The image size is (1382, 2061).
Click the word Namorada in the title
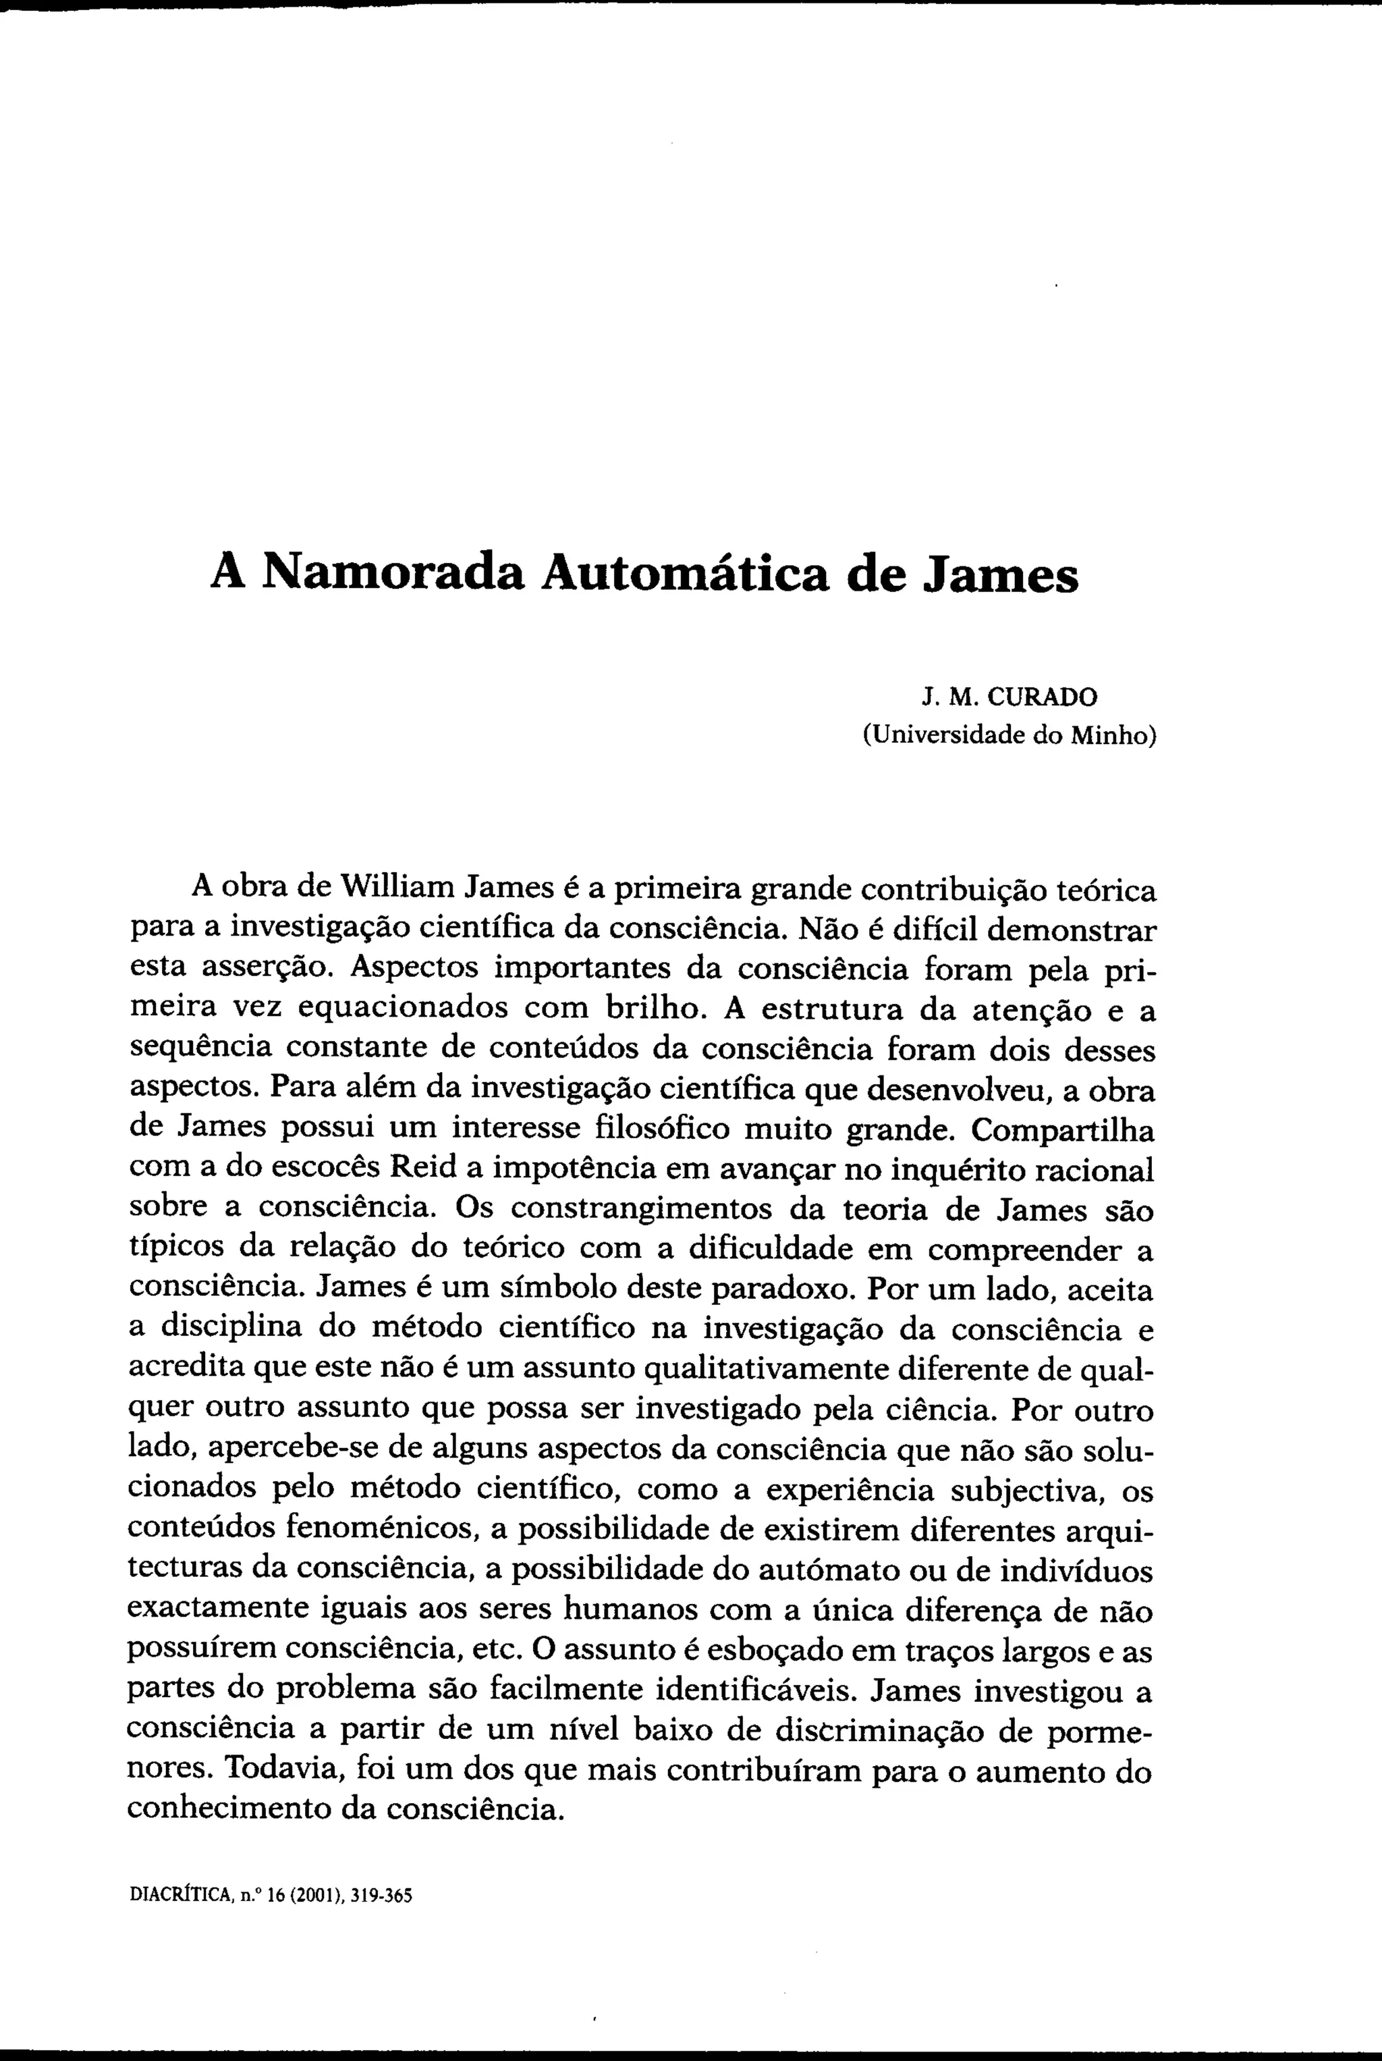click(393, 574)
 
